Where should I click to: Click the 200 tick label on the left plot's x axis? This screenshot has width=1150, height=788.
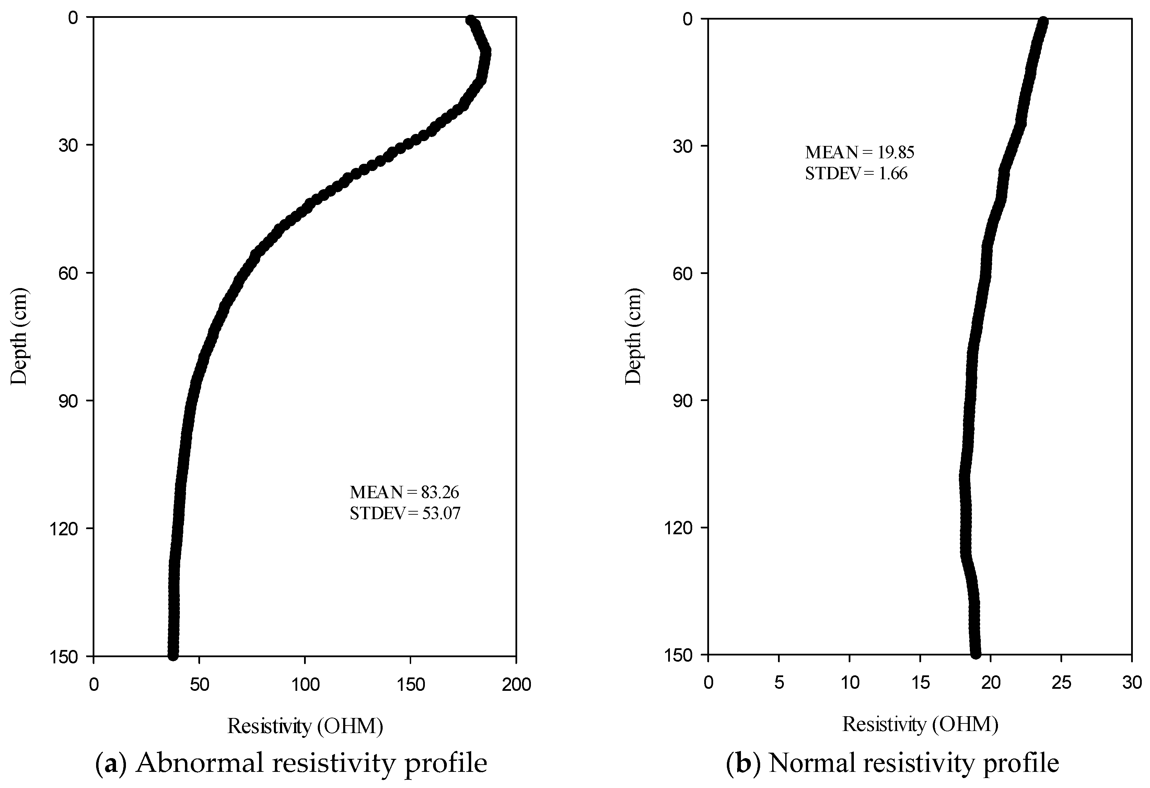[x=516, y=685]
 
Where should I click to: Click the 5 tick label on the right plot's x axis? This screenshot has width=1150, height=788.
[x=779, y=683]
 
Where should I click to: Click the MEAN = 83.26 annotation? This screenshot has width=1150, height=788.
[x=404, y=492]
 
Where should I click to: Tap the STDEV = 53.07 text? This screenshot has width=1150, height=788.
[x=405, y=514]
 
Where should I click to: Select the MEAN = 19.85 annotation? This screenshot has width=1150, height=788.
[x=860, y=152]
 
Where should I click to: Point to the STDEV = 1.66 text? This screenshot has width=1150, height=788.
[x=856, y=174]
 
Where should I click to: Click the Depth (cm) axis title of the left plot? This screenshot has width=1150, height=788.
[x=20, y=336]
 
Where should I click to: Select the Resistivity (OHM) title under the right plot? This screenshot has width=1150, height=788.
[x=920, y=724]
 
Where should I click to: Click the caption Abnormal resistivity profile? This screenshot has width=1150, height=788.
[x=312, y=763]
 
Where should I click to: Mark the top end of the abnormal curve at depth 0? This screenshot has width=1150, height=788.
[x=470, y=20]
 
